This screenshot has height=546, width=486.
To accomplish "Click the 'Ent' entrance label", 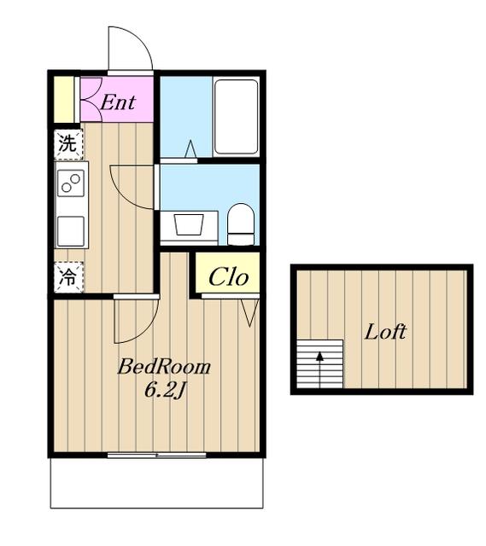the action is tap(118, 102).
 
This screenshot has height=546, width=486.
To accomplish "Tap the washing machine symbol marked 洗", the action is tap(68, 144).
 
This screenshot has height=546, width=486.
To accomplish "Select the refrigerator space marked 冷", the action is tap(68, 276).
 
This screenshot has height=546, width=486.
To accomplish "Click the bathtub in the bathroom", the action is tap(236, 117).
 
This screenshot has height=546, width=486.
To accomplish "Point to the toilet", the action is tap(241, 224).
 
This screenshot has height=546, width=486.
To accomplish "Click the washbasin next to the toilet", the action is tap(189, 225).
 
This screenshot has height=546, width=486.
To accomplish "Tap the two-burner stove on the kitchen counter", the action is tap(71, 183).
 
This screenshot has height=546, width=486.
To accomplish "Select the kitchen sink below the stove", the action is tap(71, 231).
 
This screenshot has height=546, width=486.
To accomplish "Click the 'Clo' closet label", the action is tap(229, 277).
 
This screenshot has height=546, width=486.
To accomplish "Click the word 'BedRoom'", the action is tap(164, 367).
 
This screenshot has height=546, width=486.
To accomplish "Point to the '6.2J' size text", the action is tap(164, 392).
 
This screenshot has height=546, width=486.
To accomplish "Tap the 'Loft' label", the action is tap(385, 332).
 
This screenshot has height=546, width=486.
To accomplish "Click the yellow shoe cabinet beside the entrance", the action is tap(64, 99).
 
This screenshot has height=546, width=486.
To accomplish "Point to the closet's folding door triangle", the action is tap(250, 312).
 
